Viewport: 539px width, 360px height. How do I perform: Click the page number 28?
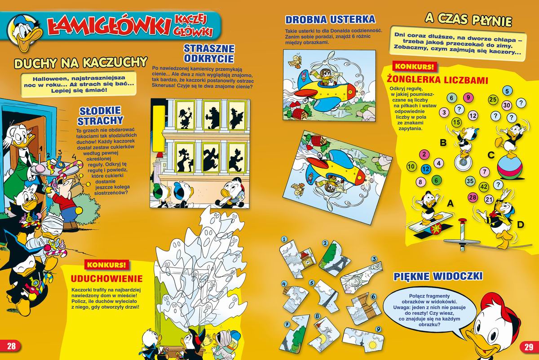11,346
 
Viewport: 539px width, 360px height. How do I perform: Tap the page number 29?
529,347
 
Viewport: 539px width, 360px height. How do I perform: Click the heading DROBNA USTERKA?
330,19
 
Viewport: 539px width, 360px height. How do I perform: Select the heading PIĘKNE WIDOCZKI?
438,276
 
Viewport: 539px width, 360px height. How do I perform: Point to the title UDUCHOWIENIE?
106,279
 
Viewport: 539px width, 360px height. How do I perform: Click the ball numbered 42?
484,187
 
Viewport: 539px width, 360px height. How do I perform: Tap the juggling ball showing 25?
493,99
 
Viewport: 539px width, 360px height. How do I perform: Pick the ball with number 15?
456,122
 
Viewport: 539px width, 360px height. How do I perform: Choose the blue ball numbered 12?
426,169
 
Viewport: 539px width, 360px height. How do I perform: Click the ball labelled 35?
470,181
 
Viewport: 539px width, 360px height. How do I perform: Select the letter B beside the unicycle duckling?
443,143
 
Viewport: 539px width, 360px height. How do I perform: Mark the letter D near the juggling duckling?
520,225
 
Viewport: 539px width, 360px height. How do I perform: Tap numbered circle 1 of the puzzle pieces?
285,240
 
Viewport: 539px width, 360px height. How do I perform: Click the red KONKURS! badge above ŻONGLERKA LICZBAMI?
414,67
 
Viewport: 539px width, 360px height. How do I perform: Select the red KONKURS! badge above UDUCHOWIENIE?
106,265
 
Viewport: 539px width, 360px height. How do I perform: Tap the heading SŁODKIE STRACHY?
100,116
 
